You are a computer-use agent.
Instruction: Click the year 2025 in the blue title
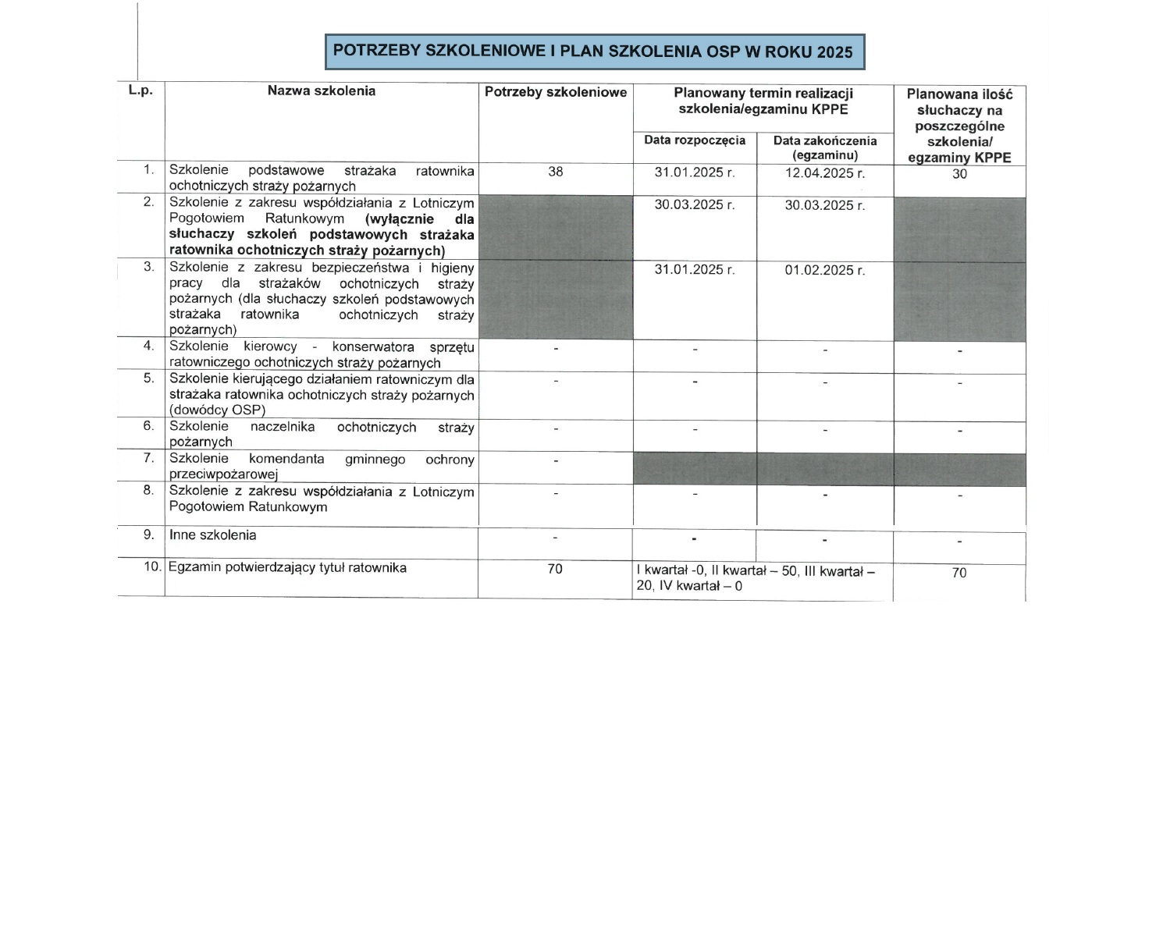click(x=834, y=52)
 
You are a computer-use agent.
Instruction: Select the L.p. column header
click(x=140, y=91)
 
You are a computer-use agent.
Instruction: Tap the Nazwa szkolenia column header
click(x=321, y=91)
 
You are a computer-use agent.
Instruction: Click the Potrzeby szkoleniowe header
click(x=555, y=92)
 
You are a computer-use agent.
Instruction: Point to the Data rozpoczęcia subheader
click(x=694, y=140)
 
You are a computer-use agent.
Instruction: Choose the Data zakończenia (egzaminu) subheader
click(x=824, y=147)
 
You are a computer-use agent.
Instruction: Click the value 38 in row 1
click(x=555, y=172)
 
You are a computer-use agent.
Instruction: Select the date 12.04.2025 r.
click(x=824, y=173)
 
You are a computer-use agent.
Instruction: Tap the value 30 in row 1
click(x=959, y=174)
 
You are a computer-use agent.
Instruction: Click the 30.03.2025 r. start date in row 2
click(x=694, y=205)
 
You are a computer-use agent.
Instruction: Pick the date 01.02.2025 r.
click(x=824, y=270)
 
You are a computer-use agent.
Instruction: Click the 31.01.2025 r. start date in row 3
click(x=694, y=270)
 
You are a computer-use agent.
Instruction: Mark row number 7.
click(x=148, y=458)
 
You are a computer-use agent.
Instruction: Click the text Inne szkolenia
click(x=212, y=535)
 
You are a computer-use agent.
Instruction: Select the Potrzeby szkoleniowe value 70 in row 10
click(x=555, y=569)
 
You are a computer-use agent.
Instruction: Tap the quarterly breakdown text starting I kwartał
click(x=756, y=578)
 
